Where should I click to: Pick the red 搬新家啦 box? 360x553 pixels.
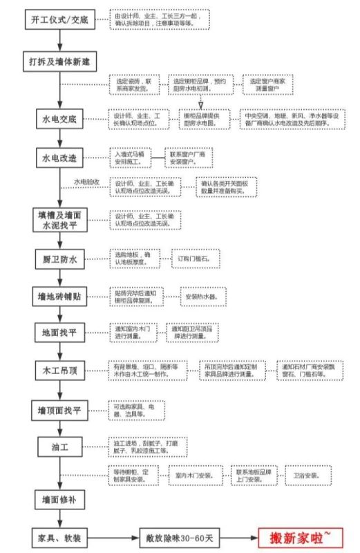pyautogui.click(x=300, y=536)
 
